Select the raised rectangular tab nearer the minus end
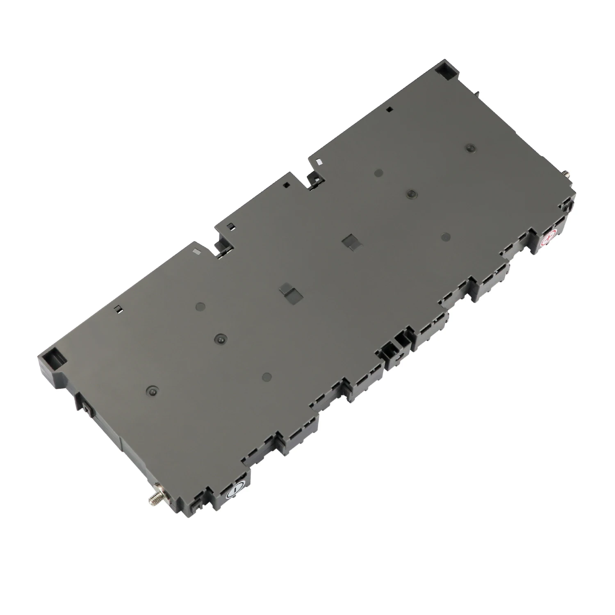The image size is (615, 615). (x=286, y=291)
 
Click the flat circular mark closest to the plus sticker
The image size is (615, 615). (x=446, y=237)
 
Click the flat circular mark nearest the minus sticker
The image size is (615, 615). (x=267, y=376)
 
